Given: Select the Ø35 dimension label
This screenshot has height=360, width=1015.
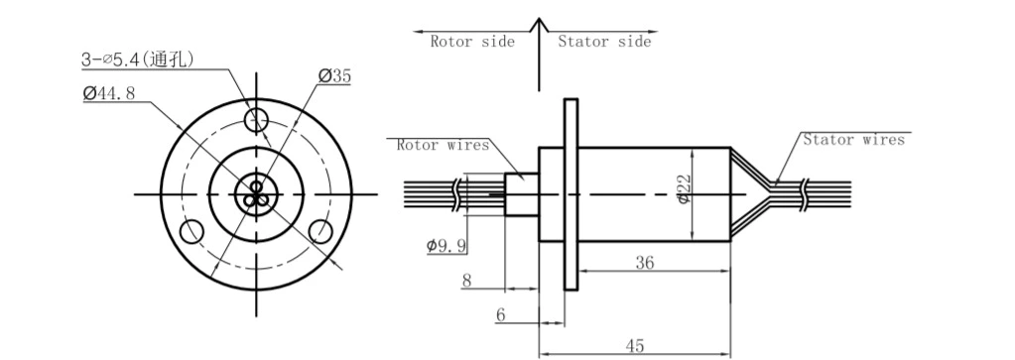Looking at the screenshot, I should pyautogui.click(x=334, y=75).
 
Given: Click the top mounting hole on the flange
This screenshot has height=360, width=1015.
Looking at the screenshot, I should pyautogui.click(x=257, y=120).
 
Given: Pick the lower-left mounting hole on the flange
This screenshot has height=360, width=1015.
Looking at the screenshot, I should pyautogui.click(x=191, y=231).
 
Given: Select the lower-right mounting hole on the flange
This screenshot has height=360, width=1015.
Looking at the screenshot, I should pyautogui.click(x=320, y=231).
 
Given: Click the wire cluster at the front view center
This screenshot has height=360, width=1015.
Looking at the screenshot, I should pyautogui.click(x=256, y=193).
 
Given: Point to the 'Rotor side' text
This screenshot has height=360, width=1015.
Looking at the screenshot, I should pyautogui.click(x=472, y=42).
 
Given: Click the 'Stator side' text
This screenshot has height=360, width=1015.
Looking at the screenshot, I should pyautogui.click(x=604, y=42).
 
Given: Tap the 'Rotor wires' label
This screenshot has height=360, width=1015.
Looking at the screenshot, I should pyautogui.click(x=443, y=145).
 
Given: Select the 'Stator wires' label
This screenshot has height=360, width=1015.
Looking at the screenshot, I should pyautogui.click(x=853, y=140).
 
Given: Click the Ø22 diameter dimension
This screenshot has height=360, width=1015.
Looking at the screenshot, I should pyautogui.click(x=685, y=187).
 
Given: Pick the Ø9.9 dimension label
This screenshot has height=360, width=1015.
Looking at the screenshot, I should pyautogui.click(x=447, y=245).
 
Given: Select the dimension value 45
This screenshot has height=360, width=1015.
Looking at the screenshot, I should pyautogui.click(x=635, y=344).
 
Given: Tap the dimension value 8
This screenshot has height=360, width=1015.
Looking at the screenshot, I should pyautogui.click(x=466, y=281).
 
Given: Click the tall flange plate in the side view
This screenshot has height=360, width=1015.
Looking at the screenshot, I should pyautogui.click(x=571, y=193).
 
